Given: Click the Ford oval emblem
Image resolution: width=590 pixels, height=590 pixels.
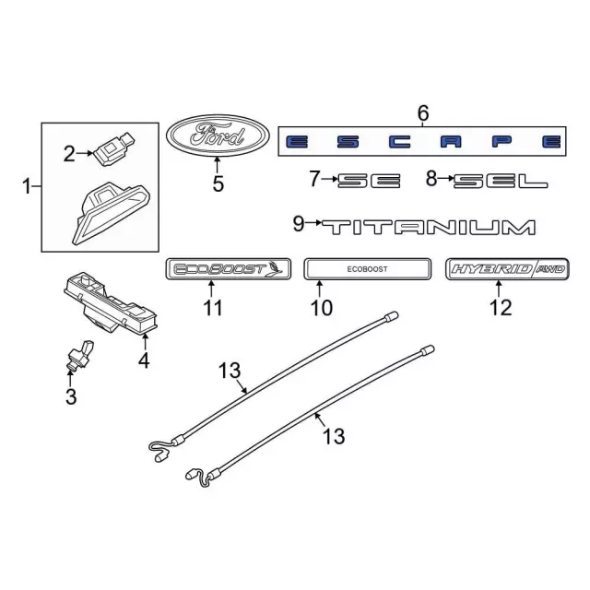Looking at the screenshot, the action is point(218,136).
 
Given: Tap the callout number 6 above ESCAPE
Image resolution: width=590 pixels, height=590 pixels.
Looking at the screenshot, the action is point(423,112).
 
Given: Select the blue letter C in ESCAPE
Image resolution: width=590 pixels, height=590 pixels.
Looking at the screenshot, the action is point(399,142).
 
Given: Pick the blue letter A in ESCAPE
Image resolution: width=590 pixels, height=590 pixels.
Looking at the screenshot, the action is point(451,142).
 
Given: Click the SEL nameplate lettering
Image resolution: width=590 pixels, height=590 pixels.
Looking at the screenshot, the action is point(501,181).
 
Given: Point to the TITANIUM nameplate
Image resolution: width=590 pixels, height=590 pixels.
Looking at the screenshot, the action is point(429,228).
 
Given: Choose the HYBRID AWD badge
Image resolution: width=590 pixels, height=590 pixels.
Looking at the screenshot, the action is point(507,269).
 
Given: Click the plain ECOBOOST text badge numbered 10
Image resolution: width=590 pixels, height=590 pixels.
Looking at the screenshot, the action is point(367,269).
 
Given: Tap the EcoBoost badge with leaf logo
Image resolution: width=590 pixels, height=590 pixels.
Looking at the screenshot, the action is point(229,269).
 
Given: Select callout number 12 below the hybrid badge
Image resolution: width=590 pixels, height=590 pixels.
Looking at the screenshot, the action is point(501,307).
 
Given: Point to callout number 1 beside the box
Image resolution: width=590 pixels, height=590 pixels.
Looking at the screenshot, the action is point(27,186).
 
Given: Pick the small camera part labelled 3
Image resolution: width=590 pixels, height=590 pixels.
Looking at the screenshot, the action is point(80,355).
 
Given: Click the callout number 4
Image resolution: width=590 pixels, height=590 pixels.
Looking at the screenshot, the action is point(144,360).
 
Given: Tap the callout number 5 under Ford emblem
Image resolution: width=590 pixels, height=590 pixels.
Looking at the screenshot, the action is point(218,184).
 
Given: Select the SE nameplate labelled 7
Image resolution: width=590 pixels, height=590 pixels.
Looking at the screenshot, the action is point(369,181).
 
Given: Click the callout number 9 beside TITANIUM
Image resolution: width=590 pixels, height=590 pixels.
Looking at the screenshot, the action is point(298,224).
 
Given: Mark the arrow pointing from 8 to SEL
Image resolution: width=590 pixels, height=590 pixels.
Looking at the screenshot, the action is point(446,179).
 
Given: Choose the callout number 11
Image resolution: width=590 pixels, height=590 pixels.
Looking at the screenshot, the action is point(213,309).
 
